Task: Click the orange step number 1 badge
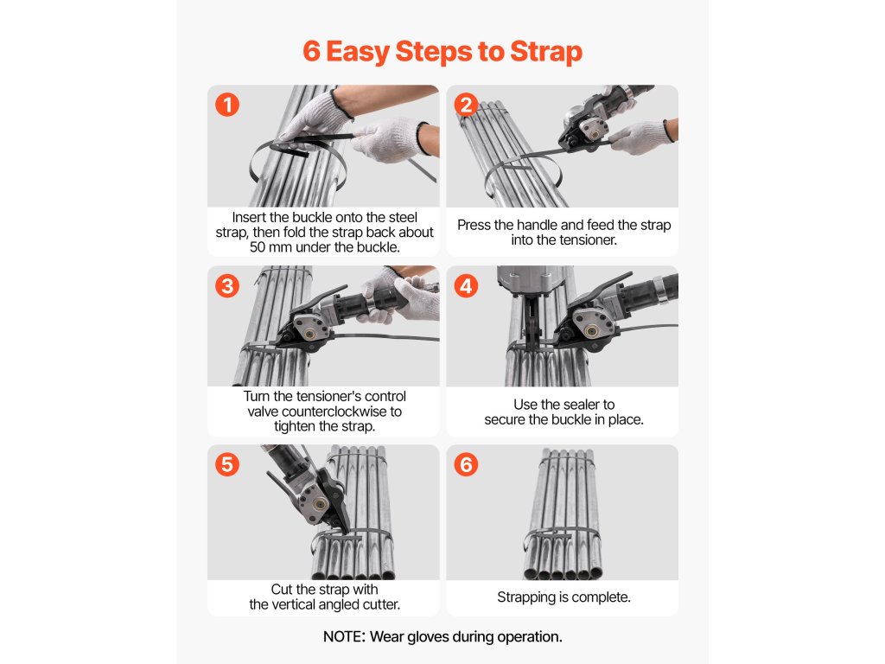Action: pyautogui.click(x=227, y=105)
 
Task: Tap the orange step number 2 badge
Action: pyautogui.click(x=466, y=105)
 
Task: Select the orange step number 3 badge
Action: pyautogui.click(x=227, y=285)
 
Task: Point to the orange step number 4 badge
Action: pyautogui.click(x=466, y=285)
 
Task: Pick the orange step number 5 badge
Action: pyautogui.click(x=227, y=464)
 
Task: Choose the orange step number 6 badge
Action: pyautogui.click(x=466, y=464)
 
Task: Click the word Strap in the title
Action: pyautogui.click(x=546, y=52)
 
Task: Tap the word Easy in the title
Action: pyautogui.click(x=358, y=52)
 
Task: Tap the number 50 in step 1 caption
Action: pyautogui.click(x=258, y=247)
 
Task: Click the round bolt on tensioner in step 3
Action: pyautogui.click(x=309, y=333)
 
